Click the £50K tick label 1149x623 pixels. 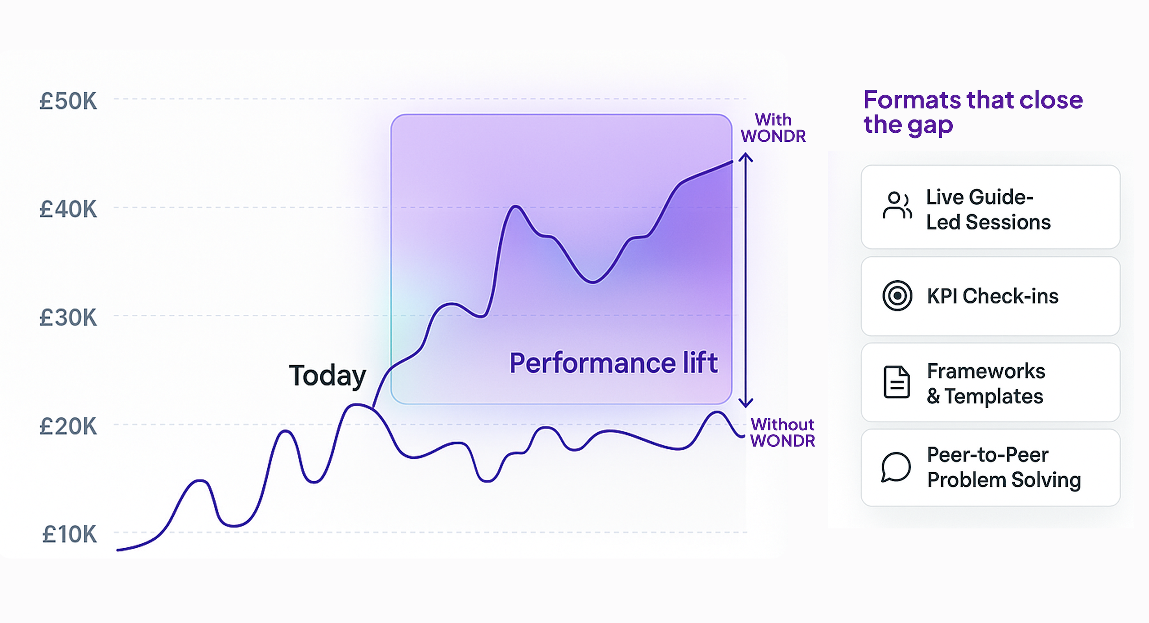pyautogui.click(x=68, y=102)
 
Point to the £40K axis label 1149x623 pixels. pyautogui.click(x=68, y=209)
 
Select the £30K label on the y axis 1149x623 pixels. pyautogui.click(x=68, y=318)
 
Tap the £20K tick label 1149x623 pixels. pyautogui.click(x=68, y=426)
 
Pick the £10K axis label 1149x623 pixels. pyautogui.click(x=69, y=534)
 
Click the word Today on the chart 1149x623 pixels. pyautogui.click(x=327, y=376)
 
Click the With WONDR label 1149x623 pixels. pyautogui.click(x=773, y=128)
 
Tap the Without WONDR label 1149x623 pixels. pyautogui.click(x=782, y=432)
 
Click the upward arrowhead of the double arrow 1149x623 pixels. pyautogui.click(x=745, y=157)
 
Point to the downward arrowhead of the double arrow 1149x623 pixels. pyautogui.click(x=745, y=403)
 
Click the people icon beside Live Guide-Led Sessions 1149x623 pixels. pyautogui.click(x=896, y=205)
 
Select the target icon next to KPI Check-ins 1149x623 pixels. pyautogui.click(x=897, y=295)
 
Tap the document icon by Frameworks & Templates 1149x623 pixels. pyautogui.click(x=896, y=382)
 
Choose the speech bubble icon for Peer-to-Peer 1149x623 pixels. pyautogui.click(x=896, y=467)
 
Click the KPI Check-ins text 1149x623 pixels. pyautogui.click(x=993, y=296)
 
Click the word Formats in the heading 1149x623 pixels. pyautogui.click(x=910, y=100)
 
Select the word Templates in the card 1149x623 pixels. pyautogui.click(x=994, y=396)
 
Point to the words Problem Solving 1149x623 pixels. pyautogui.click(x=1004, y=480)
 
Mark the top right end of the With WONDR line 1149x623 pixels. pyautogui.click(x=731, y=162)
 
